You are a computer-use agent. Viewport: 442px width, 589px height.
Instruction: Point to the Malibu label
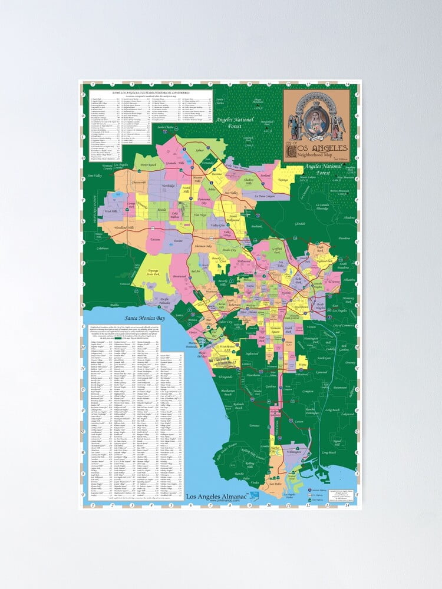point(114,306)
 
